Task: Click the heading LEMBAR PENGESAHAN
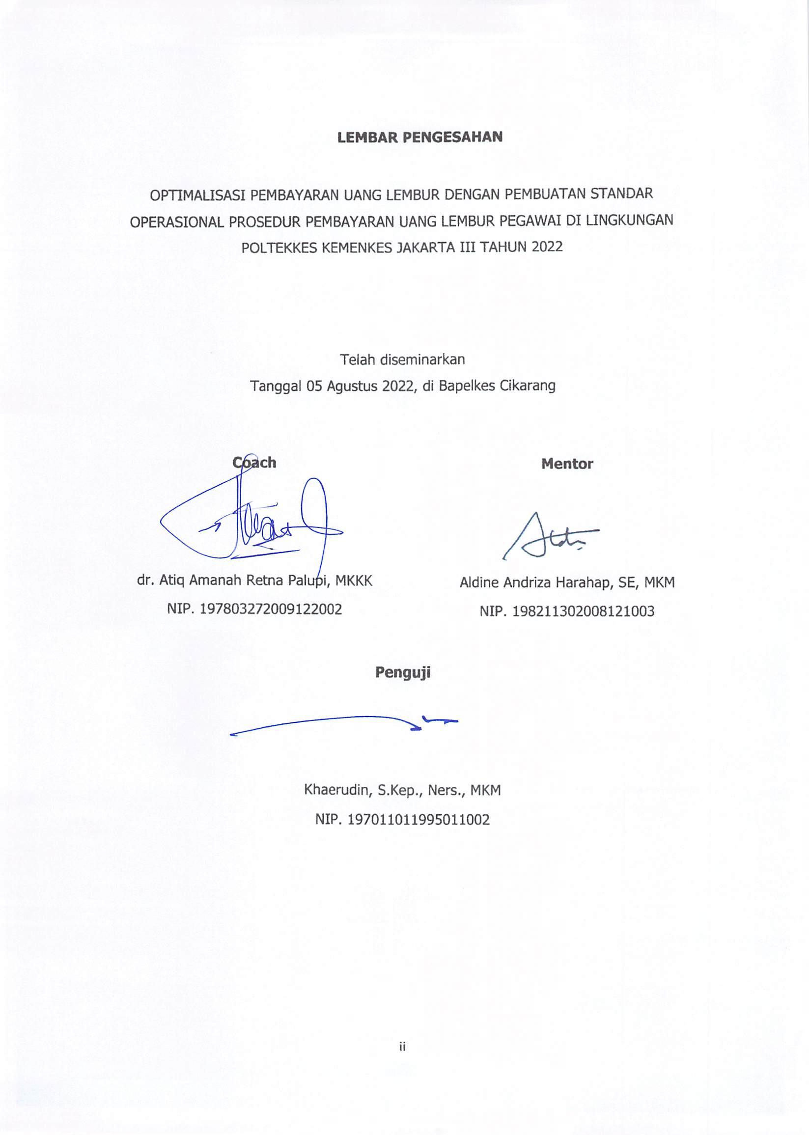[419, 138]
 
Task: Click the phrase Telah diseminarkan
[402, 359]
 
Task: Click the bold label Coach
[254, 463]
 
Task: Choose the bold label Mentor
[567, 464]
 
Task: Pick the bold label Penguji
[402, 673]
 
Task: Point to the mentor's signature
[548, 537]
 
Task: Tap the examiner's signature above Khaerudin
[344, 724]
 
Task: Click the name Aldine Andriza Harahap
[535, 582]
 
